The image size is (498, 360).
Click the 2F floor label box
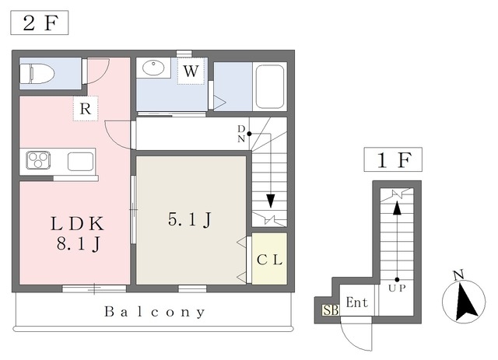coord(40,23)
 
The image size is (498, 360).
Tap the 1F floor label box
coord(393,159)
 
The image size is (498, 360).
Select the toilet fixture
coord(37,74)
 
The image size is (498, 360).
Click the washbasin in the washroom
coord(153,68)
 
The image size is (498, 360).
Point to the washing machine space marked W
coord(191,71)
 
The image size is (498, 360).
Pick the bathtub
coord(270,86)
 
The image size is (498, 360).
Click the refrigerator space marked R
coord(86,108)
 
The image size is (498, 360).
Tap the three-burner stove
coord(38,160)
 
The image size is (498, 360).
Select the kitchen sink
coord(81,161)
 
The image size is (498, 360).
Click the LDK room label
coord(78,224)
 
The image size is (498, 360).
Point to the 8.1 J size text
coord(79,244)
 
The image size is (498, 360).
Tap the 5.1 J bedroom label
coord(190,219)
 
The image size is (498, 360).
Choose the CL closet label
coord(269,260)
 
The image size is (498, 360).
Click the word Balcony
coord(155,312)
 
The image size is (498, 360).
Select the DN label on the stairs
coord(241,134)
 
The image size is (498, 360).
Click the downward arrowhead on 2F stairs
coord(271,201)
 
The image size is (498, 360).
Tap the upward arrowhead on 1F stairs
coord(397,208)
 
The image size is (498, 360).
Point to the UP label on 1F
coord(397,288)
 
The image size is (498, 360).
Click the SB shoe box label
coord(331,309)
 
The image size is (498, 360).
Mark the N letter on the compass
coord(458,275)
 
